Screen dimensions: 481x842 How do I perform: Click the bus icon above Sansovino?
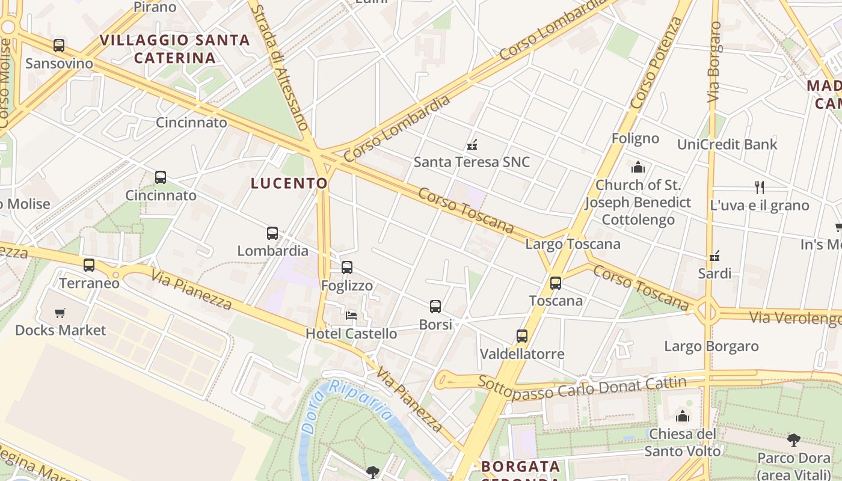[58, 46]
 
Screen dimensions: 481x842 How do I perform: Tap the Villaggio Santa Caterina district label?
[174, 49]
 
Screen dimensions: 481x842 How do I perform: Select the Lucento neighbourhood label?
[289, 183]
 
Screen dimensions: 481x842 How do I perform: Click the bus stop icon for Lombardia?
[272, 233]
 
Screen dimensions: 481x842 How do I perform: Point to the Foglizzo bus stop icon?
[347, 268]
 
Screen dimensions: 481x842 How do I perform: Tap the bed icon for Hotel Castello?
[351, 315]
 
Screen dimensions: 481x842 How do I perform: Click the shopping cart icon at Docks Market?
[60, 313]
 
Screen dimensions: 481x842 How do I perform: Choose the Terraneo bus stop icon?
[89, 265]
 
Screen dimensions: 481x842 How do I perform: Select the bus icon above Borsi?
[435, 307]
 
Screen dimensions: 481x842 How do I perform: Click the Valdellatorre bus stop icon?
[522, 336]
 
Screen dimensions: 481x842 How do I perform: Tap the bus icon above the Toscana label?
[556, 283]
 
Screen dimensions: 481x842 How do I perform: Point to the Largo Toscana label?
[573, 244]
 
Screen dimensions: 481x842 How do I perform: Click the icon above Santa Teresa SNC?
[472, 144]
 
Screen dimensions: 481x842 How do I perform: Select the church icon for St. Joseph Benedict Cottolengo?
[638, 167]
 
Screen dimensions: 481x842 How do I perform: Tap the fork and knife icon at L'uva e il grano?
[760, 188]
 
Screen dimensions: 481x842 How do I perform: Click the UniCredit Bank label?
[727, 144]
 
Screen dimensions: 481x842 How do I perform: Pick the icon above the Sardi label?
[714, 256]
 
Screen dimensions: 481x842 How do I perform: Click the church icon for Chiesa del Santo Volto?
[683, 415]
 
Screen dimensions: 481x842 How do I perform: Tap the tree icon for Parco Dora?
[793, 440]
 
